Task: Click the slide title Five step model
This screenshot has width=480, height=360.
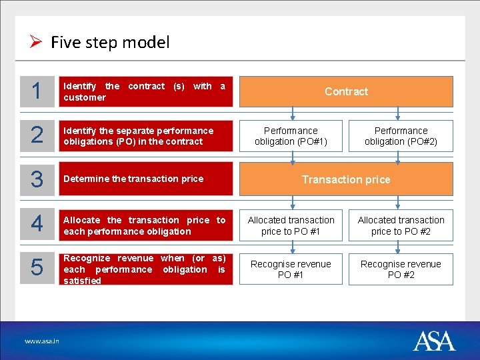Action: click(110, 43)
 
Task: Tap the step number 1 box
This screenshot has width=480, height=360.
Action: click(37, 91)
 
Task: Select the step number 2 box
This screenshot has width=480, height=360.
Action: click(37, 136)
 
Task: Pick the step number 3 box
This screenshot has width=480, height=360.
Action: click(37, 179)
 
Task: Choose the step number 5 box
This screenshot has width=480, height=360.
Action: click(37, 269)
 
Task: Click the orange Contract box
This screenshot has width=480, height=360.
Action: click(346, 91)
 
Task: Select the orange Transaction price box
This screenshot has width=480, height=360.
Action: click(346, 179)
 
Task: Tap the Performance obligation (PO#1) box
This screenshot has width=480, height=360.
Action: click(291, 136)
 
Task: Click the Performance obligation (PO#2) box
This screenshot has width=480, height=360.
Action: click(401, 136)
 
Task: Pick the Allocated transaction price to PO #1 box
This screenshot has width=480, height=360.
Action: click(291, 225)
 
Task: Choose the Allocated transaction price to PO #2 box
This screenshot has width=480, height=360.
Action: click(401, 225)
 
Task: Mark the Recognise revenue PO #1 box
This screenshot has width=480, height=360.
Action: click(291, 269)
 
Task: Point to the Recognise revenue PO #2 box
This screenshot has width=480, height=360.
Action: click(401, 269)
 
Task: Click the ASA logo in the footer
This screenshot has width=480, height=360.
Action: click(434, 341)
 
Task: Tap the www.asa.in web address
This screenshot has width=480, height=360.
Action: click(42, 341)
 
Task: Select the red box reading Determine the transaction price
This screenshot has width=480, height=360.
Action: click(146, 179)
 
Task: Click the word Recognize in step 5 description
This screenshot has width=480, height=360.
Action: click(87, 258)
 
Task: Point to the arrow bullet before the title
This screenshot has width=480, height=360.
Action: click(37, 43)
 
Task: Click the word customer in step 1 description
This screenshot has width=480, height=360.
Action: click(85, 97)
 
